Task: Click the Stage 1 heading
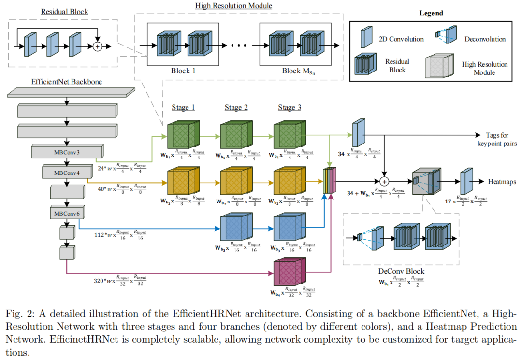(183, 107)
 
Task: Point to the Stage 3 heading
(290, 107)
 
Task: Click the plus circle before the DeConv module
(384, 182)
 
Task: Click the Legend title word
(431, 14)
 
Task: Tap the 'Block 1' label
(183, 71)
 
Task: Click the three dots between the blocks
(239, 46)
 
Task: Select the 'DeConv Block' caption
(401, 272)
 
